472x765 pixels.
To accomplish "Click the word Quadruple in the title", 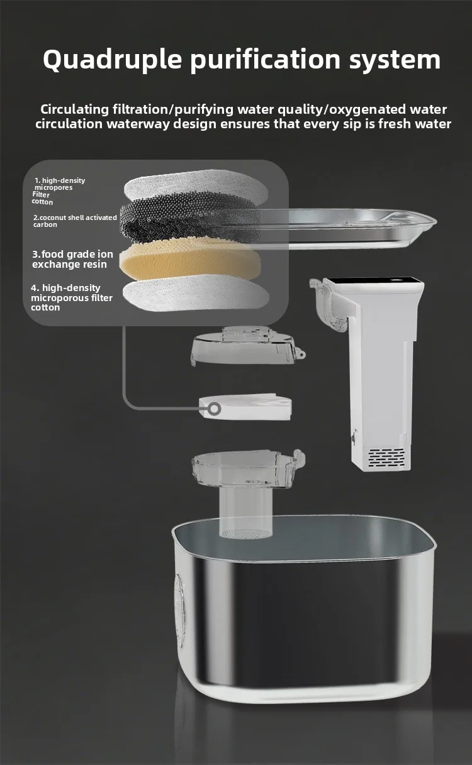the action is (x=112, y=60).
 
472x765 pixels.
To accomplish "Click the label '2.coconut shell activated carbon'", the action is (x=75, y=221).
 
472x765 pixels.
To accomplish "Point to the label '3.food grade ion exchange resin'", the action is (x=72, y=259).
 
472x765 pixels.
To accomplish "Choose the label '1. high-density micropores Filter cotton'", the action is (x=59, y=191).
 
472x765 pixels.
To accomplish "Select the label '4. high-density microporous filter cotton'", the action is (x=72, y=297).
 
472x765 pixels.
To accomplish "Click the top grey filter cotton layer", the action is (x=196, y=186).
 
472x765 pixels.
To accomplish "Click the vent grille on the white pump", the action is (x=386, y=458).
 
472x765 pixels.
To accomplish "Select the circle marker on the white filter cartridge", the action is (x=215, y=409).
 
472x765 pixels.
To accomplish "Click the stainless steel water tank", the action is (x=305, y=608).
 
